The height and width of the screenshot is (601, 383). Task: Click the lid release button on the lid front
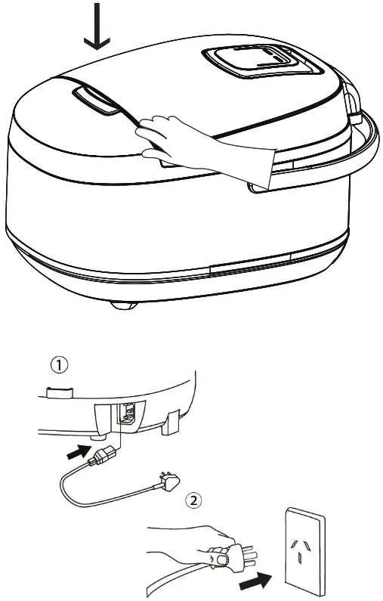[97, 101]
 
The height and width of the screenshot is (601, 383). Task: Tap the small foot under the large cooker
[121, 304]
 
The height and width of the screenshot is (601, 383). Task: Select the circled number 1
[60, 365]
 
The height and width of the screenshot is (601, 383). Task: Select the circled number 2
[194, 500]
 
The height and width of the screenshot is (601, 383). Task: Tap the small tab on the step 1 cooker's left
[56, 392]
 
